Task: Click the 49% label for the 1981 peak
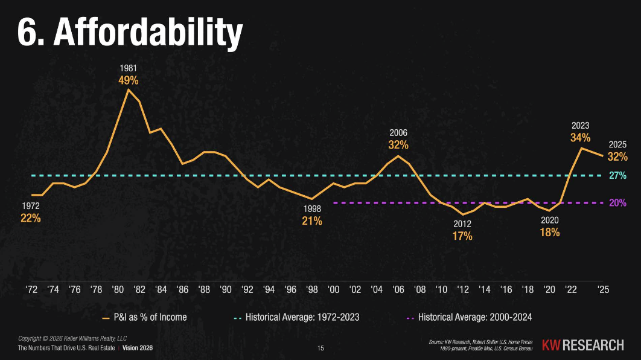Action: (128, 80)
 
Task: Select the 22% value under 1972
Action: (31, 218)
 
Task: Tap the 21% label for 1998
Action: (312, 221)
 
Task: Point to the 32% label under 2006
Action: (398, 145)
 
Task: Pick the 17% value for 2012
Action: (462, 236)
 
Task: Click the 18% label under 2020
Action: (550, 232)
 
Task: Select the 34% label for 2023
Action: (580, 138)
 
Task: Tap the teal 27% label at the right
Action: (617, 176)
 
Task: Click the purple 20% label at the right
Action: (617, 203)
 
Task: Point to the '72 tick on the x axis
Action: (31, 289)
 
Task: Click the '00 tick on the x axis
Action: (333, 289)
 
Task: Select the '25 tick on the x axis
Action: (602, 289)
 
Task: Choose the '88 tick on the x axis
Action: (204, 289)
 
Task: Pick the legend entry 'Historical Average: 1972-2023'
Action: (298, 317)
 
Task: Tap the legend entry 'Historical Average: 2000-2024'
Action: (470, 317)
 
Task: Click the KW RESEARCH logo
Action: (582, 345)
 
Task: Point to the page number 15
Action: (320, 349)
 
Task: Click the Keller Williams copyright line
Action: (65, 338)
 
